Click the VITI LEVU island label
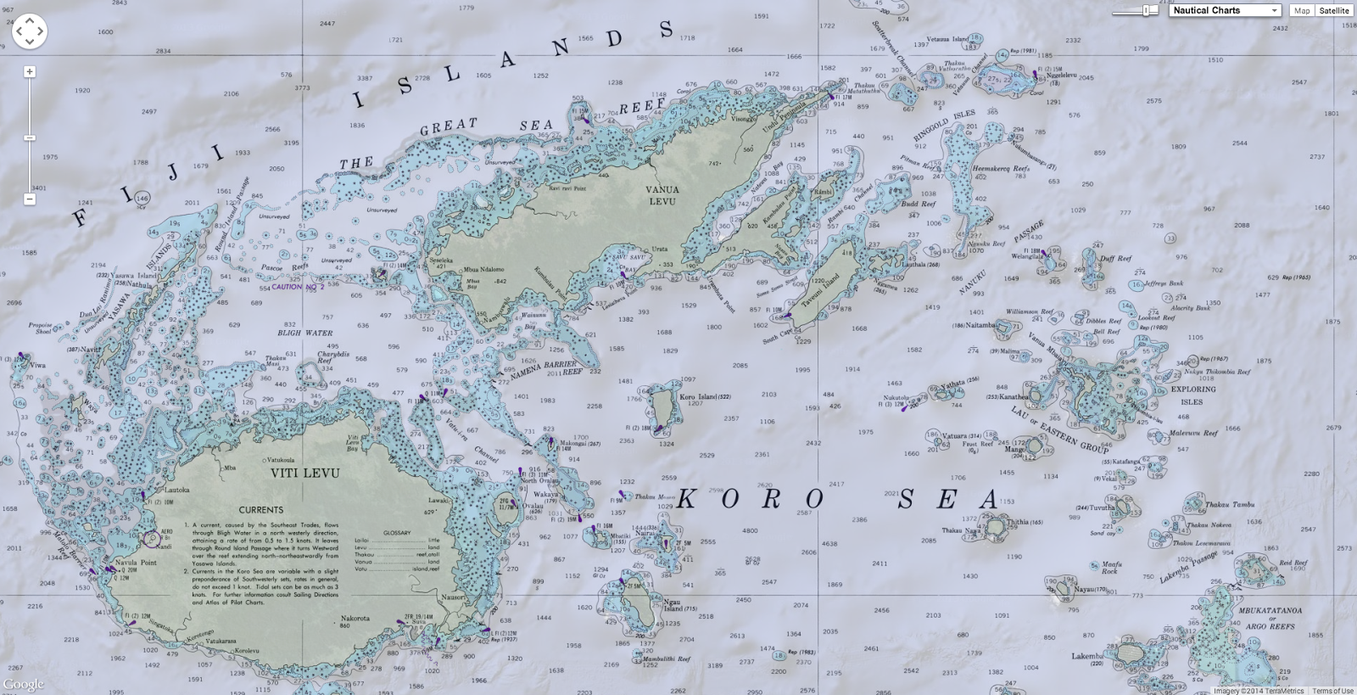tap(304, 473)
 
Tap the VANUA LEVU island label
tap(662, 196)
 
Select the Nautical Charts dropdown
tap(1225, 10)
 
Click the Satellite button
tap(1333, 10)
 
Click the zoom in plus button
tap(30, 72)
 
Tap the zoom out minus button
tap(30, 199)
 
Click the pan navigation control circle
tap(29, 31)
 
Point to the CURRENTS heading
tap(260, 510)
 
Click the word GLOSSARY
tap(396, 533)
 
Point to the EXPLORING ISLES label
tap(1193, 395)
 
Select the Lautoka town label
tap(176, 490)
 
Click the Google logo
tap(23, 685)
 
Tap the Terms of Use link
tap(1332, 691)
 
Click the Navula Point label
tap(137, 563)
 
